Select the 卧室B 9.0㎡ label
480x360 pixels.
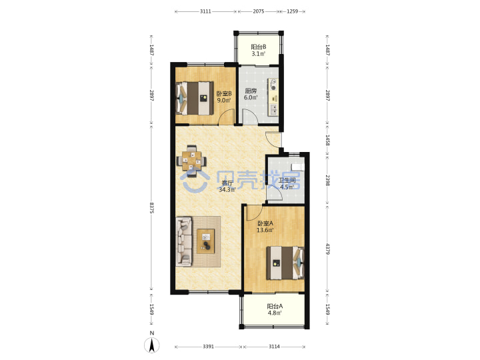pyautogui.click(x=224, y=97)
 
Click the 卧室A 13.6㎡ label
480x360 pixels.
pyautogui.click(x=265, y=227)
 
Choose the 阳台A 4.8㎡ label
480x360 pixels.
pyautogui.click(x=275, y=309)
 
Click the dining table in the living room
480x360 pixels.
pyautogui.click(x=191, y=161)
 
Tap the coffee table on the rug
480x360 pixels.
pyautogui.click(x=206, y=241)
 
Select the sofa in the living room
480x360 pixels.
pyautogui.click(x=184, y=241)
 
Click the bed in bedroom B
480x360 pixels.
pyautogui.click(x=195, y=98)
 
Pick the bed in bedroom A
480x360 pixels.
pyautogui.click(x=285, y=263)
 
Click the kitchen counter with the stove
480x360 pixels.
pyautogui.click(x=273, y=97)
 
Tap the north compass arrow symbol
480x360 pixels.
pyautogui.click(x=152, y=346)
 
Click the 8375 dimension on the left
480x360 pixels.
pyautogui.click(x=152, y=207)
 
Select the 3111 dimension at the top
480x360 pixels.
pyautogui.click(x=205, y=11)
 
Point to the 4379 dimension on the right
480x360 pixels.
pyautogui.click(x=327, y=249)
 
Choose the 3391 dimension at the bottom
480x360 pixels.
pyautogui.click(x=209, y=347)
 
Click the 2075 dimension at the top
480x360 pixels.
pyautogui.click(x=259, y=11)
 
